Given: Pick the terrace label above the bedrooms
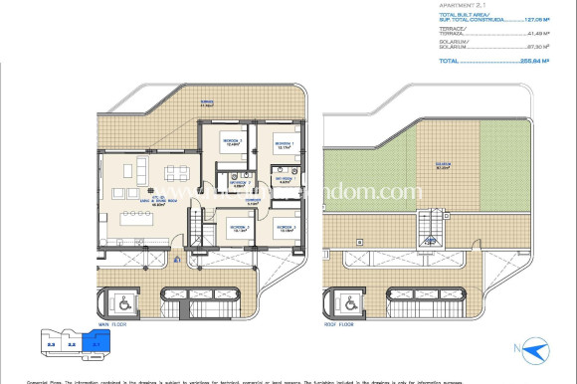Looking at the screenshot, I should coord(207,101).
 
